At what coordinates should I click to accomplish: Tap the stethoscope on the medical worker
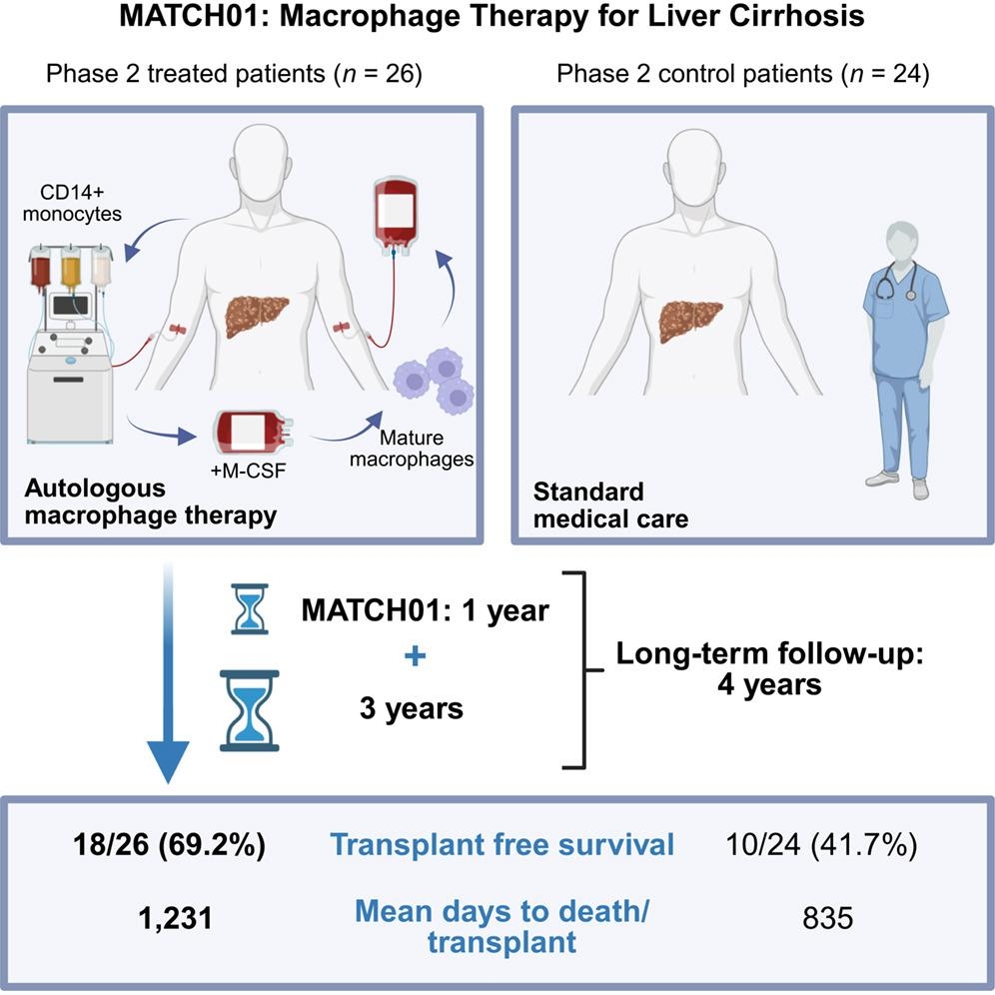(x=894, y=280)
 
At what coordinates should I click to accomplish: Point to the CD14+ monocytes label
(x=72, y=203)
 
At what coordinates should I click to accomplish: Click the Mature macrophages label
(x=412, y=448)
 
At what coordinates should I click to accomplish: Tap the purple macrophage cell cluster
(x=434, y=380)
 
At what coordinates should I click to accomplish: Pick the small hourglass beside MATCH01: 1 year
(x=250, y=608)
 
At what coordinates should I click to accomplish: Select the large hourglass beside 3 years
(x=250, y=710)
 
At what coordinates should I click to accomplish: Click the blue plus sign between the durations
(x=415, y=655)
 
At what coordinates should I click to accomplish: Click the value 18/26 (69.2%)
(x=169, y=844)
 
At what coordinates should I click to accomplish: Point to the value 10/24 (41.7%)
(x=821, y=844)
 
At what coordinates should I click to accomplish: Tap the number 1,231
(x=175, y=918)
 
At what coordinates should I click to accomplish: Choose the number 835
(x=827, y=918)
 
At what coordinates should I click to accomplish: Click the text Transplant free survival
(x=501, y=844)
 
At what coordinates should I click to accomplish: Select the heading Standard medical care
(x=610, y=505)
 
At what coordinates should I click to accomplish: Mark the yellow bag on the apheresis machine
(x=71, y=269)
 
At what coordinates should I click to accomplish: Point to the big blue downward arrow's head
(x=168, y=760)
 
